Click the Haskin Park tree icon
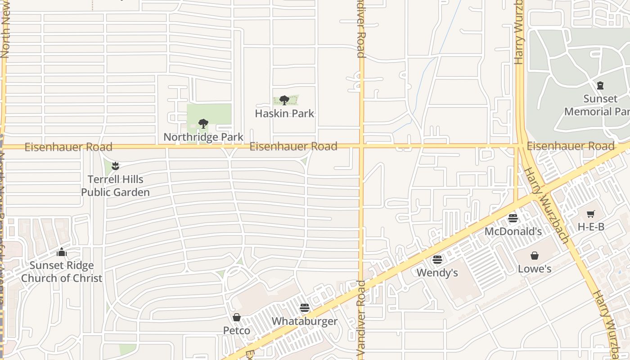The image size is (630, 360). coord(284,100)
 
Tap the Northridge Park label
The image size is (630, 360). coord(203,137)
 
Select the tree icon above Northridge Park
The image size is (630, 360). coord(203,123)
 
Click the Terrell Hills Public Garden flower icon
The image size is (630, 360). coord(116,166)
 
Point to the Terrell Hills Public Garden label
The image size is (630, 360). coord(116,186)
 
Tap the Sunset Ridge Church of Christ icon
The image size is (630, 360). coord(62,252)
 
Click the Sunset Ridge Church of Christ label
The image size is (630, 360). coord(62,272)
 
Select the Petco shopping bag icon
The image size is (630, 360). coord(237,317)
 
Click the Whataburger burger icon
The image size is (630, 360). coord(305,308)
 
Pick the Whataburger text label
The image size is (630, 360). coord(305,321)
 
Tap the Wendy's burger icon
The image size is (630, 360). coord(437,260)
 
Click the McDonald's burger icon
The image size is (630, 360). coord(513,218)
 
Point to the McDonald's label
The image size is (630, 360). coord(513,231)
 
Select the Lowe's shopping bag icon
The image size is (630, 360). coord(535,256)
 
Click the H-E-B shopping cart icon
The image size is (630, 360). coord(591,214)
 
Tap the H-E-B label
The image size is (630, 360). coord(591,227)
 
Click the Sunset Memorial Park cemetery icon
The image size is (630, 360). coord(600,85)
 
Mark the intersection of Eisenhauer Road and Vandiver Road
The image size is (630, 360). coord(361,146)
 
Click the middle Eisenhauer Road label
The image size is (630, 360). coord(293,146)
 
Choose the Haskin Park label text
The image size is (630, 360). coord(284,113)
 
